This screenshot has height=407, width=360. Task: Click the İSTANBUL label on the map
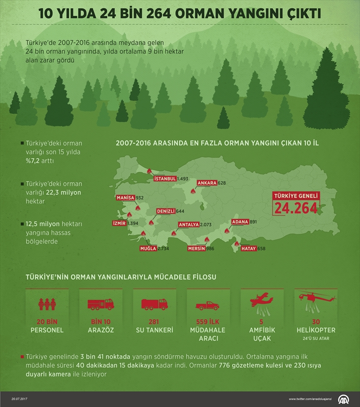pyautogui.click(x=165, y=179)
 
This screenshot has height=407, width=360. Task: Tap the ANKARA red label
pyautogui.click(x=207, y=183)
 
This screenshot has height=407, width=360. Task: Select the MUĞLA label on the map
pyautogui.click(x=148, y=248)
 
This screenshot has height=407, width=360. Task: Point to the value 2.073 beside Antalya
pyautogui.click(x=206, y=224)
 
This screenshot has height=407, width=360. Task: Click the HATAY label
pyautogui.click(x=249, y=248)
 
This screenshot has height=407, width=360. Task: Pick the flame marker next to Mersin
pyautogui.click(x=207, y=239)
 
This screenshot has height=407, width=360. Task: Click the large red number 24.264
pyautogui.click(x=296, y=208)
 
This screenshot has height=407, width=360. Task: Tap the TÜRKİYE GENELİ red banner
pyautogui.click(x=296, y=196)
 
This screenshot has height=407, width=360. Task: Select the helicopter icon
pyautogui.click(x=316, y=302)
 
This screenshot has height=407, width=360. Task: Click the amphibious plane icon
pyautogui.click(x=261, y=304)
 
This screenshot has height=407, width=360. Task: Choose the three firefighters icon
pyautogui.click(x=47, y=304)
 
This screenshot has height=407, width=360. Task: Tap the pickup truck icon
pyautogui.click(x=207, y=306)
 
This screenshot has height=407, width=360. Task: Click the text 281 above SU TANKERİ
pyautogui.click(x=154, y=322)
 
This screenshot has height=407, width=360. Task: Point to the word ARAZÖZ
pyautogui.click(x=101, y=330)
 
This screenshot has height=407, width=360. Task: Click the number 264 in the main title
pyautogui.click(x=158, y=14)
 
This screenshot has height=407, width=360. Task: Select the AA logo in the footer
pyautogui.click(x=343, y=399)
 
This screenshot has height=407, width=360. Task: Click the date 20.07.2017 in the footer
pyautogui.click(x=19, y=399)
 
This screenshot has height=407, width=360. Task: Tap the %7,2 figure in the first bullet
pyautogui.click(x=33, y=161)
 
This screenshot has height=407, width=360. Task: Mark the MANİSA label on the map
pyautogui.click(x=126, y=198)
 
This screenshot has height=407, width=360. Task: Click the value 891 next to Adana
pyautogui.click(x=253, y=222)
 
